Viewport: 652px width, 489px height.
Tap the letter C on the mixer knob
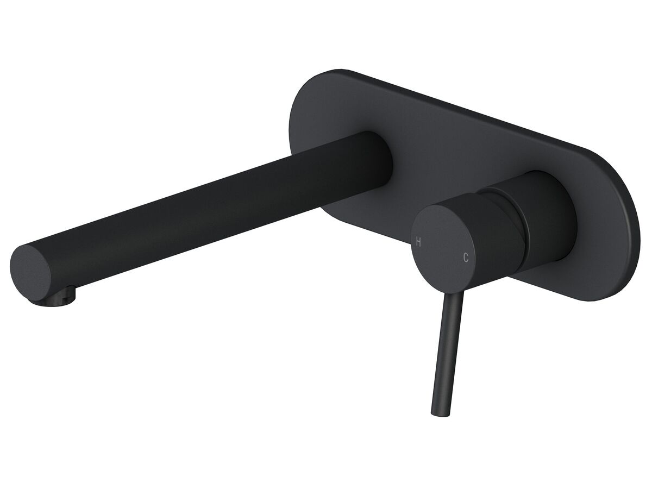(x=466, y=258)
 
